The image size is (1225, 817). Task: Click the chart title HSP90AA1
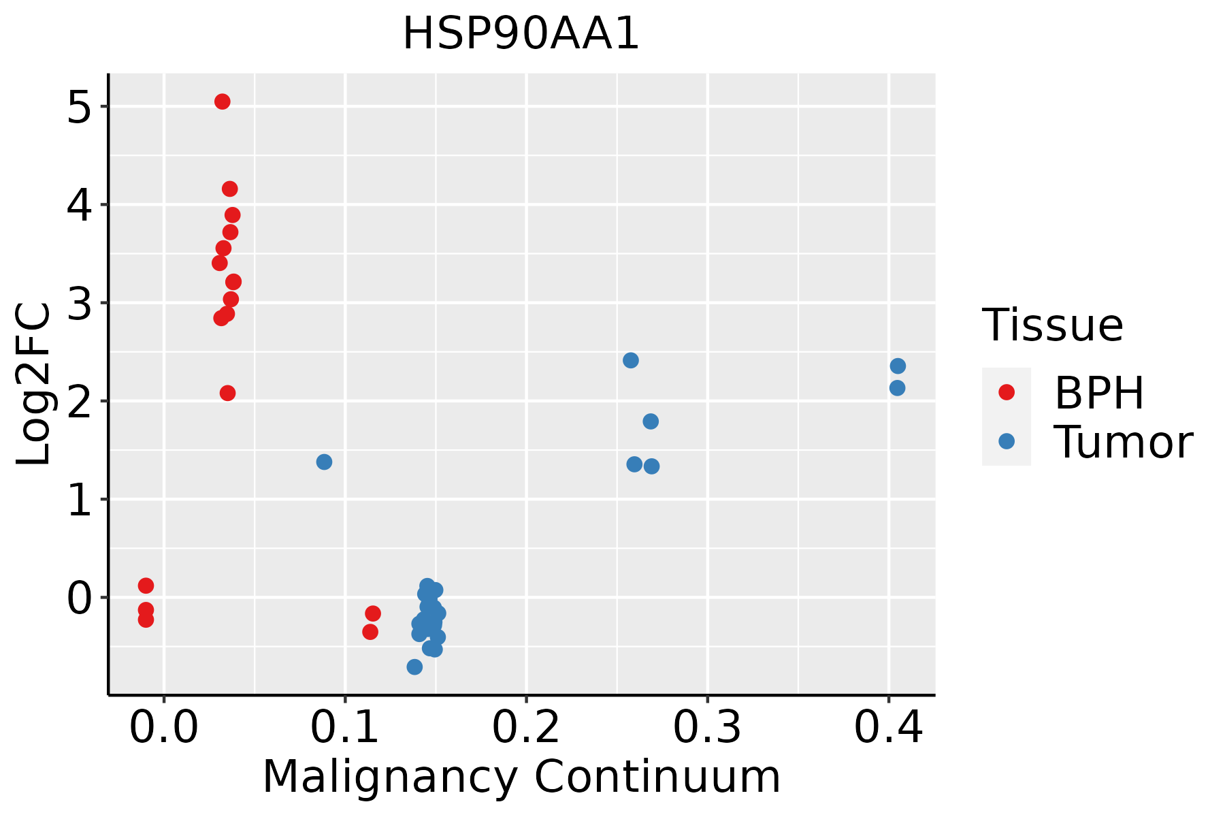coord(521,34)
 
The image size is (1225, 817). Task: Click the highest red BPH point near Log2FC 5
coord(223,101)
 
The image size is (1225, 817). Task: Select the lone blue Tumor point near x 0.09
coord(324,462)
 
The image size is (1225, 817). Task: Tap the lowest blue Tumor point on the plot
coord(414,667)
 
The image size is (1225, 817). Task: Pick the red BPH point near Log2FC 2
coord(228,393)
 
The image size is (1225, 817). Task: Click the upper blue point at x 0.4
coord(898,366)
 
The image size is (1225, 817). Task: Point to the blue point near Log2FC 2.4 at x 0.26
coord(631,360)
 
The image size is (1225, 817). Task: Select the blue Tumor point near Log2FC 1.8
coord(651,421)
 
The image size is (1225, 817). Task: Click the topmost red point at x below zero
coord(146,586)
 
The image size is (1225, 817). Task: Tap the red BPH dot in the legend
coord(1006,392)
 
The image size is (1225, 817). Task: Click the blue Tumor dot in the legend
coord(1006,441)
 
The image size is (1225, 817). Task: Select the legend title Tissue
coord(1052,325)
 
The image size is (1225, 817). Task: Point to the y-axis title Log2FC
coord(34,384)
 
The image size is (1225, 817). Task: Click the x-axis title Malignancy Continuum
coord(521,777)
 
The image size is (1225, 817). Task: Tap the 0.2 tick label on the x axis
coord(526,728)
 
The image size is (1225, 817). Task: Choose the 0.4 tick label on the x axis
coord(888,728)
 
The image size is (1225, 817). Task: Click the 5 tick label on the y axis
coord(79,107)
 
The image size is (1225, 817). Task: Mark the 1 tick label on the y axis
coord(79,500)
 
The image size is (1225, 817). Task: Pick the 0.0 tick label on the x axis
coord(164,728)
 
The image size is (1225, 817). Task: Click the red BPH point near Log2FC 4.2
coord(230,189)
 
